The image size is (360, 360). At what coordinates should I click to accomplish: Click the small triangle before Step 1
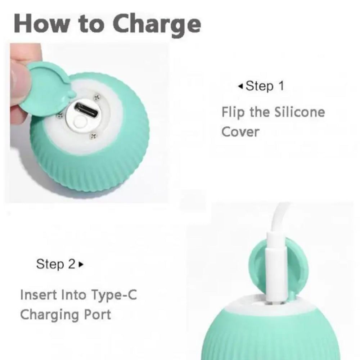click(x=240, y=86)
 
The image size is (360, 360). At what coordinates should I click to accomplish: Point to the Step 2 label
click(x=55, y=264)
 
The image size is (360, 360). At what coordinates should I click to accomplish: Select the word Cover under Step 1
click(x=240, y=132)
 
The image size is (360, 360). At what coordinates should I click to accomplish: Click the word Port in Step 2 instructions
click(x=96, y=315)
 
